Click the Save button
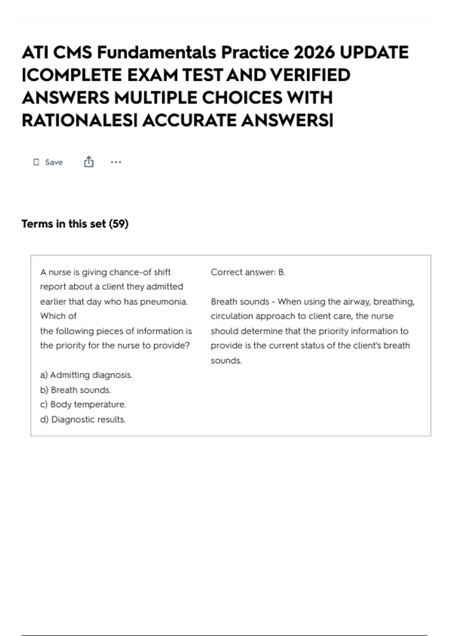pyautogui.click(x=48, y=162)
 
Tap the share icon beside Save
pyautogui.click(x=89, y=162)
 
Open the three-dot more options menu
pyautogui.click(x=116, y=162)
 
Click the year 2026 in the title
pyautogui.click(x=314, y=52)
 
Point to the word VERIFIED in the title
pyautogui.click(x=310, y=75)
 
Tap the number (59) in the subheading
pyautogui.click(x=119, y=224)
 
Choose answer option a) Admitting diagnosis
pyautogui.click(x=86, y=375)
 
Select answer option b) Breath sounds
pyautogui.click(x=76, y=390)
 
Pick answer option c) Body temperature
pyautogui.click(x=83, y=404)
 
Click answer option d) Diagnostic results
pyautogui.click(x=83, y=419)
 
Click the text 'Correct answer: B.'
pyautogui.click(x=248, y=272)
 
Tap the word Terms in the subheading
pyautogui.click(x=37, y=224)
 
